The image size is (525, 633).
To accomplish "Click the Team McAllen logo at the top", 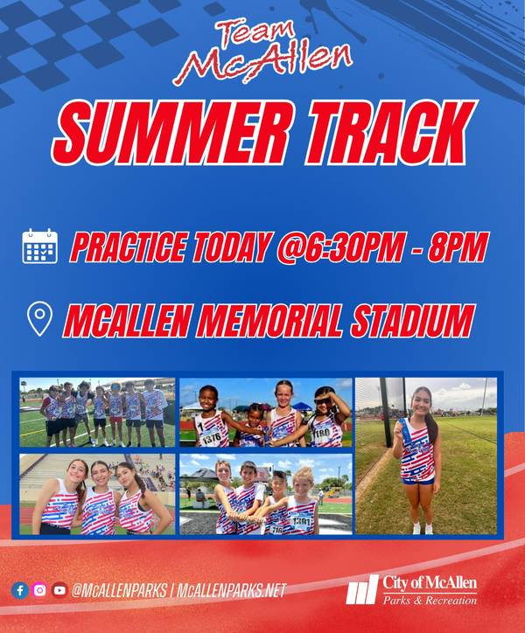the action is click(x=262, y=52).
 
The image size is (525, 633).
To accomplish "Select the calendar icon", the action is click(x=39, y=247).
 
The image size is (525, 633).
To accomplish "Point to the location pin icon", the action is click(x=39, y=320).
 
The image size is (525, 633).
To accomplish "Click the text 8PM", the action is click(x=457, y=247).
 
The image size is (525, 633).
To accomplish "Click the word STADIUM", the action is click(x=412, y=321).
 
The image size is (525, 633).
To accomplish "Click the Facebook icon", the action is click(x=20, y=591).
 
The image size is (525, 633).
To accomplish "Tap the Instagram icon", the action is click(x=39, y=591).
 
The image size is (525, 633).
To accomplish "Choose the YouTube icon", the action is click(x=59, y=591).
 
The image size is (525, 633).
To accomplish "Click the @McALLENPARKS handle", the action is click(x=119, y=591).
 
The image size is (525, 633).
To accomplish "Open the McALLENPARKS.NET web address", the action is click(x=231, y=591).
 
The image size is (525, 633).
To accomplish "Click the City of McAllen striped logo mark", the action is click(x=362, y=589).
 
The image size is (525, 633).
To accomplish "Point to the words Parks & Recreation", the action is click(x=430, y=600).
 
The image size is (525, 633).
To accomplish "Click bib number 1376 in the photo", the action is click(x=212, y=438).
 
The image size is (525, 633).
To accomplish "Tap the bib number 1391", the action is click(x=301, y=522).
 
